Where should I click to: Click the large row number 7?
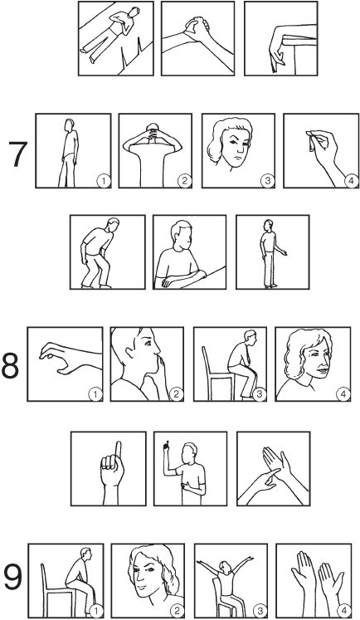[x=18, y=154]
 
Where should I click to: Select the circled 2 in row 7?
[x=184, y=181]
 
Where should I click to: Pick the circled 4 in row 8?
[x=343, y=394]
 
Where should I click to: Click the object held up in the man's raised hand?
[x=167, y=445]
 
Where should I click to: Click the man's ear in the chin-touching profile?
[x=130, y=351]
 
